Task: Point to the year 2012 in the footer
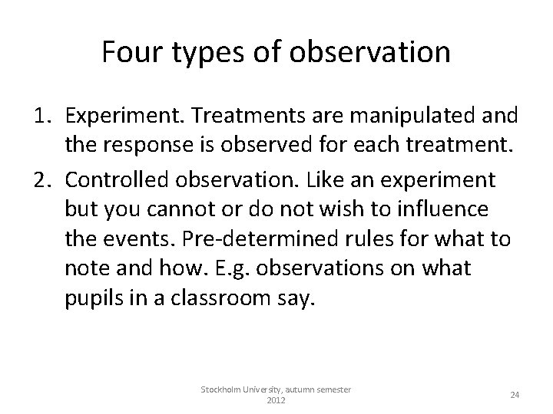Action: (276, 401)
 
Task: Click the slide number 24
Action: (515, 395)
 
